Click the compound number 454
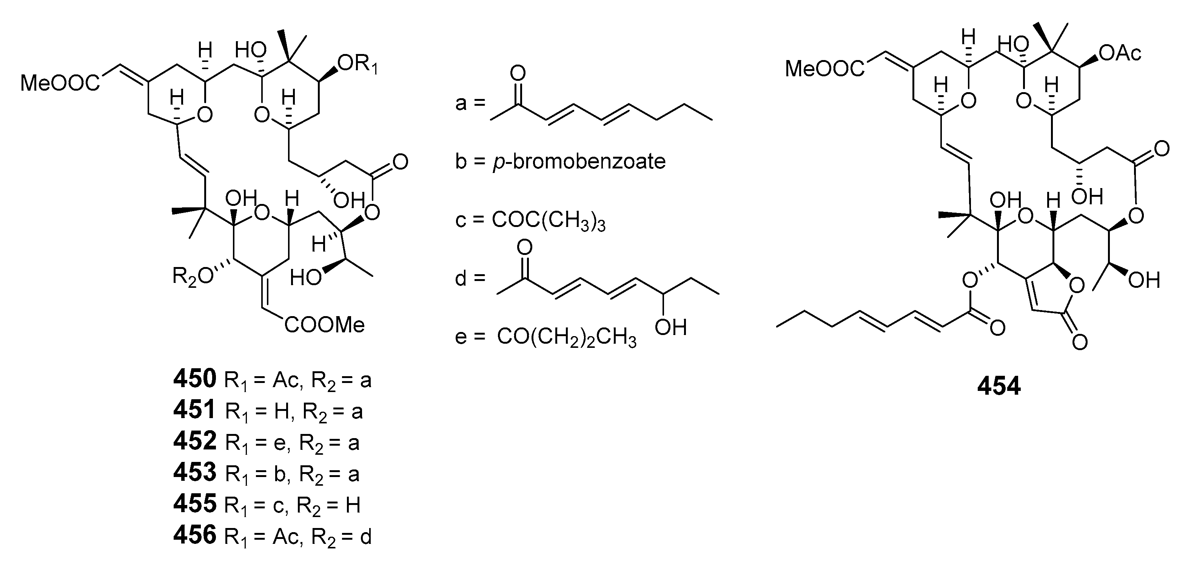[999, 386]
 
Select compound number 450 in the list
[195, 379]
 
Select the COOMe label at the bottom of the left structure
[325, 325]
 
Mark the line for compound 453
[267, 473]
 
